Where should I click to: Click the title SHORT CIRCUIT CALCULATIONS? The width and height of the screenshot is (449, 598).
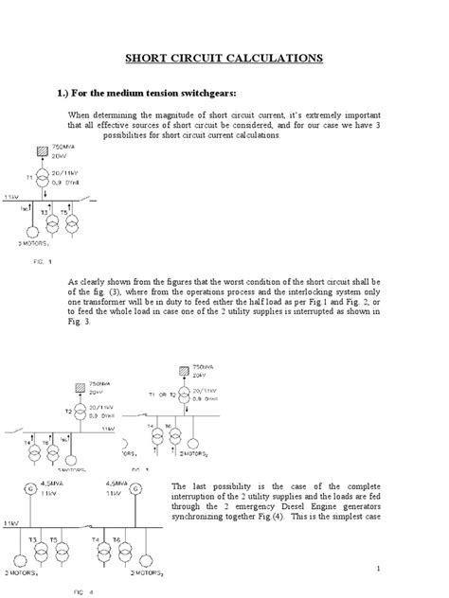tap(224, 59)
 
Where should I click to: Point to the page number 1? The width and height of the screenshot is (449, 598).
tap(377, 568)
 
